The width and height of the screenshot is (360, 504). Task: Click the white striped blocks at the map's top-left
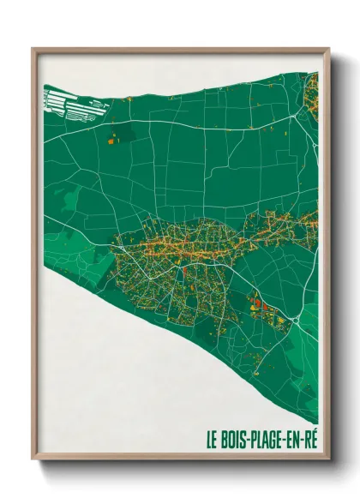(x=65, y=100)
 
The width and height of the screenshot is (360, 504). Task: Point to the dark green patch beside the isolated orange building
(x=124, y=133)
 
